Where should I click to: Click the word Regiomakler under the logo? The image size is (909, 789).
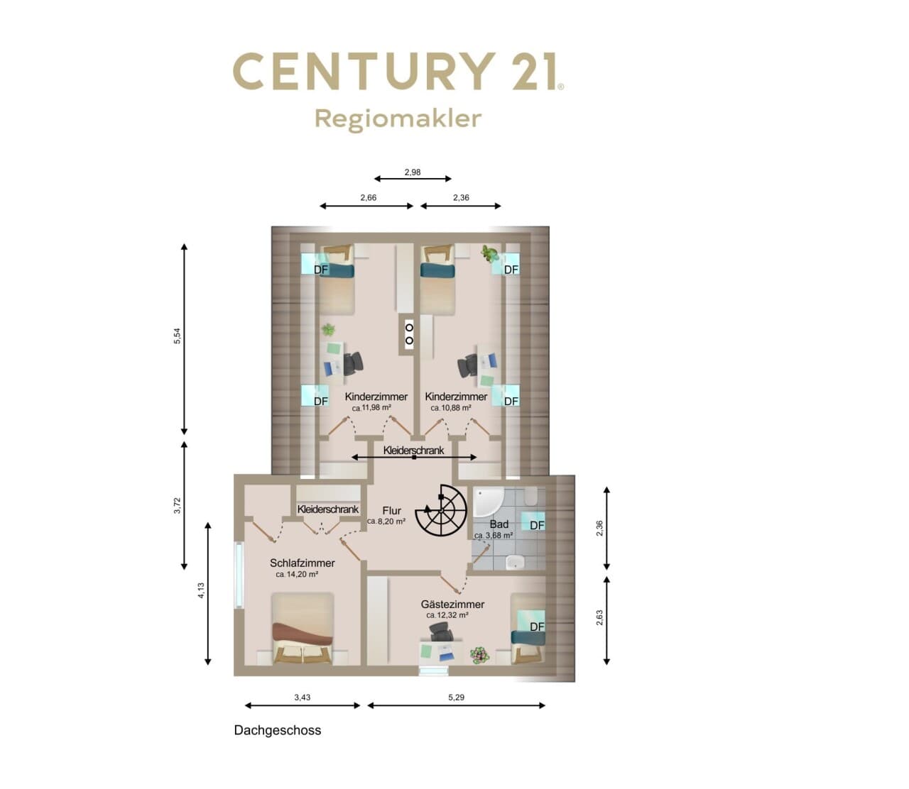tap(398, 119)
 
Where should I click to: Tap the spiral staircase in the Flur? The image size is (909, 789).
tap(441, 510)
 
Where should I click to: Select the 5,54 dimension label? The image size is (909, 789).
tap(178, 336)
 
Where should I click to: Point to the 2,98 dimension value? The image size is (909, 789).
tap(413, 172)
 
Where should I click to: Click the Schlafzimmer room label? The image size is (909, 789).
tap(302, 563)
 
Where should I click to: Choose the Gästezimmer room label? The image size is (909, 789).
tap(452, 605)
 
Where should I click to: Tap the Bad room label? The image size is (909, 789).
tap(499, 524)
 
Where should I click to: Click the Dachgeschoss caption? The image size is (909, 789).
tap(277, 730)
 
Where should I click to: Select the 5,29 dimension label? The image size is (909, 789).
tap(456, 697)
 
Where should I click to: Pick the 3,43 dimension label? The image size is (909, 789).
tap(302, 697)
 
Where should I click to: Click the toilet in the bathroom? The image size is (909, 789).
tap(531, 497)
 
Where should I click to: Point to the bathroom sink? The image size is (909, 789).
tap(515, 563)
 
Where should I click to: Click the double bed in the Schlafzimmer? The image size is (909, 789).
tap(303, 629)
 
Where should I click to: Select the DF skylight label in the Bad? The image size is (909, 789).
tap(537, 525)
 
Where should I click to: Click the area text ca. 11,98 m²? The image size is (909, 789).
tap(371, 408)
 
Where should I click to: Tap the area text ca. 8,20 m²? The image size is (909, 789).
tap(386, 522)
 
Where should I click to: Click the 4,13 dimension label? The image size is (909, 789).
tap(201, 590)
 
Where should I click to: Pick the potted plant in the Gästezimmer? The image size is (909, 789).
tap(480, 656)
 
